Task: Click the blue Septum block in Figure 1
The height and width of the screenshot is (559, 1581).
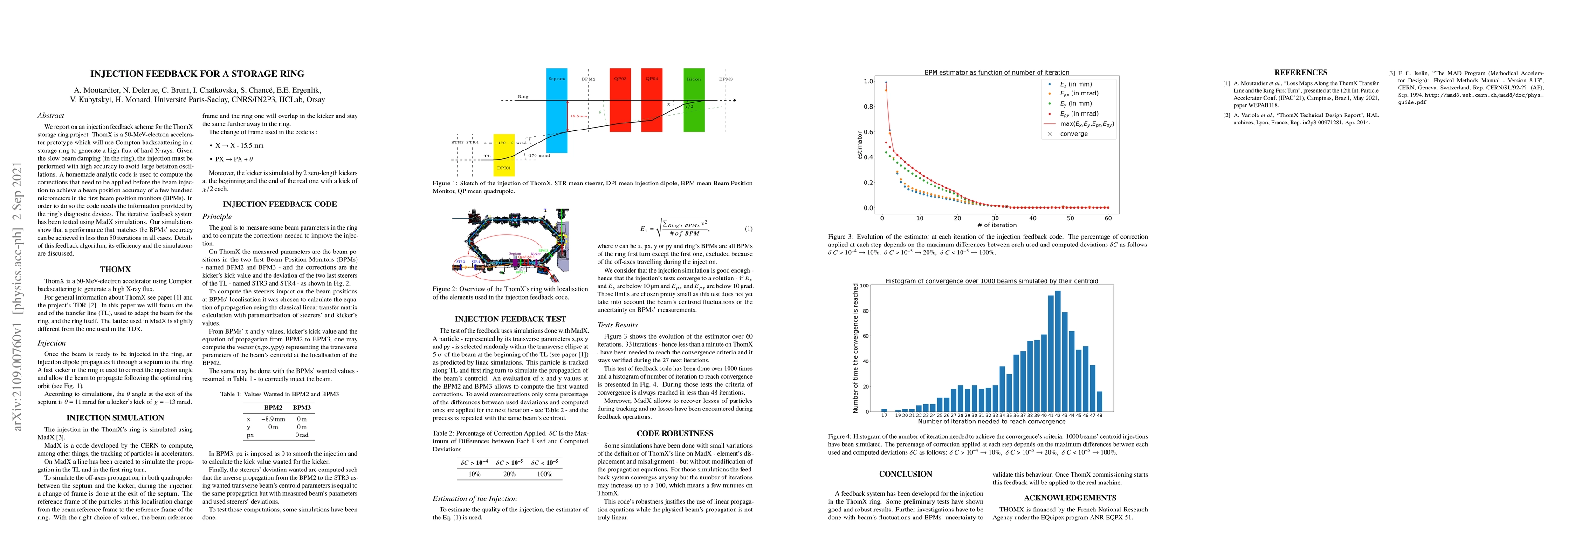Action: click(557, 110)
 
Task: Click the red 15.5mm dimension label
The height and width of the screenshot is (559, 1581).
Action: click(577, 116)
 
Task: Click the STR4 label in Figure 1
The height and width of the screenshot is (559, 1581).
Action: click(472, 143)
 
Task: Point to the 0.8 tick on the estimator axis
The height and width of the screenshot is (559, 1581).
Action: click(868, 107)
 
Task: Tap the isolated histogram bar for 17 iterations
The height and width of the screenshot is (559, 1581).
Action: click(884, 410)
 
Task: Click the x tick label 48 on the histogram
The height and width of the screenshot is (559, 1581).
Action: click(1099, 416)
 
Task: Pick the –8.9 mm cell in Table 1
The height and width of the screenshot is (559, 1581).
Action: click(273, 419)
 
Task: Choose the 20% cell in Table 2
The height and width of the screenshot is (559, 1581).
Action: click(509, 474)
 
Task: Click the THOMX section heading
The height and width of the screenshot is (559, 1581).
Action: click(116, 269)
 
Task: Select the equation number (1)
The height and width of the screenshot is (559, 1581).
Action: click(748, 229)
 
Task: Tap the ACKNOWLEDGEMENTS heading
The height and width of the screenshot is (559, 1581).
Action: click(1070, 498)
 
